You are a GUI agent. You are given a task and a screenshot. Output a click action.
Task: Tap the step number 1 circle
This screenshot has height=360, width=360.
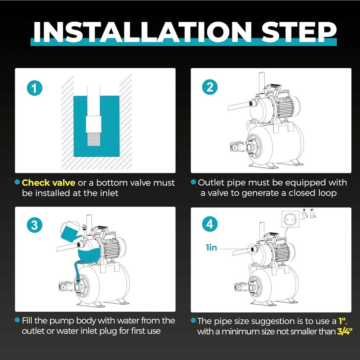35,88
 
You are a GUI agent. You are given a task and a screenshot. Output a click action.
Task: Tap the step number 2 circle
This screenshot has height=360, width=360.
210,87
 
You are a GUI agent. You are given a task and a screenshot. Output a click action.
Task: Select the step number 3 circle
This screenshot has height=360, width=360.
35,225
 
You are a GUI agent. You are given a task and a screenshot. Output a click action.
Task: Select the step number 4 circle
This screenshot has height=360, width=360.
210,224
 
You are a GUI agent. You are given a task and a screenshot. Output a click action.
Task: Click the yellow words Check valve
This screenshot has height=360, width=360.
49,183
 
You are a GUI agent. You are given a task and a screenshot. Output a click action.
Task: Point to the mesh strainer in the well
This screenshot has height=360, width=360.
94,139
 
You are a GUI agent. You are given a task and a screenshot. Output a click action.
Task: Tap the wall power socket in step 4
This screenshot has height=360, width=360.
291,220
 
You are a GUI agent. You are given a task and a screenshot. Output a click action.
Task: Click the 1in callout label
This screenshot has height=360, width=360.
211,248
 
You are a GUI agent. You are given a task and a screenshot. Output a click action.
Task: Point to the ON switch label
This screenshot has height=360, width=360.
304,210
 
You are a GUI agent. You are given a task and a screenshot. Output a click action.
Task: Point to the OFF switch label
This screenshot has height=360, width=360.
312,210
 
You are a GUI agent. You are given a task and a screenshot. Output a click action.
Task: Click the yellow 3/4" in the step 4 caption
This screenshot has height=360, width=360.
345,332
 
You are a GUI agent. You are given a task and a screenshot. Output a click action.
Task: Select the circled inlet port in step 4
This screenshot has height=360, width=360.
253,249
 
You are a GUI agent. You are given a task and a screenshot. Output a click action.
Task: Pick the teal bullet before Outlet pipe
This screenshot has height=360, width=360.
193,182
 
